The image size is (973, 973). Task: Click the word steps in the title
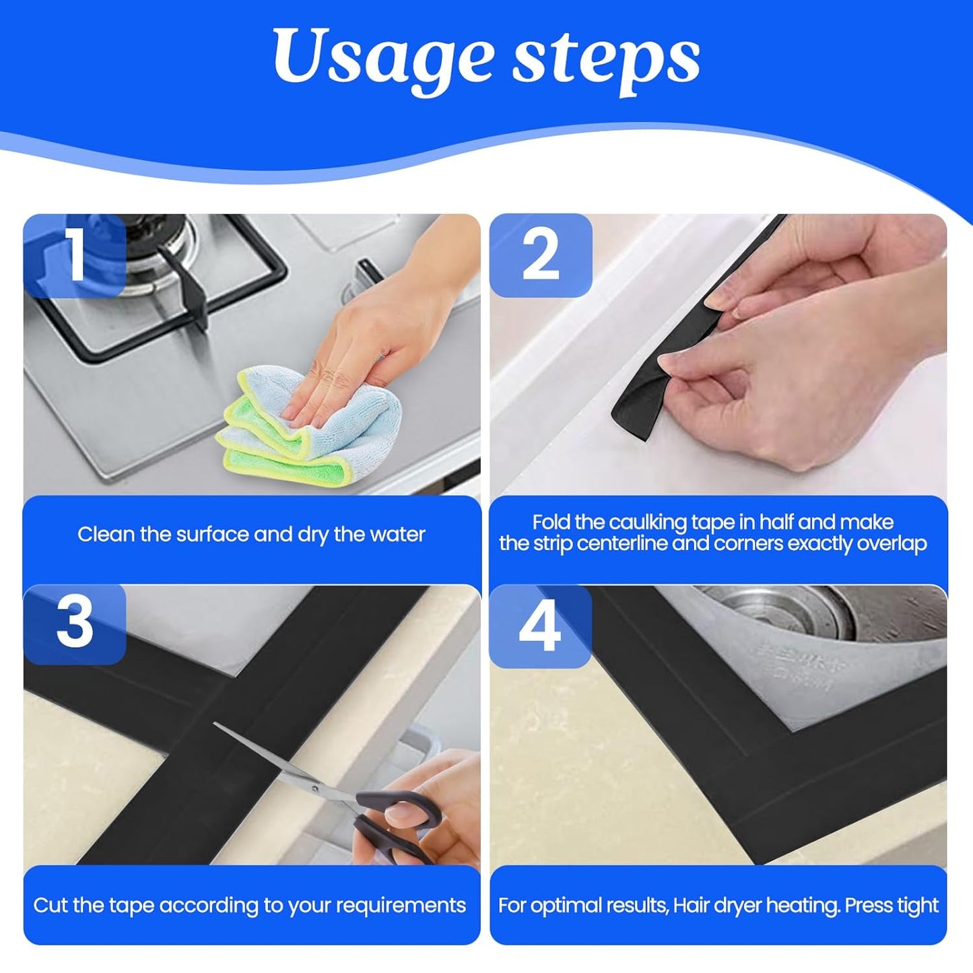point(606,59)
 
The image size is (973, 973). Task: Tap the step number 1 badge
point(74,256)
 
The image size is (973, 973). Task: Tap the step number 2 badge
point(540,256)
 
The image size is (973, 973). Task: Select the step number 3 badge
point(74,624)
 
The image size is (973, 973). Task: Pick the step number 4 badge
point(540,626)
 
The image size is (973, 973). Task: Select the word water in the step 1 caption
point(397,535)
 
